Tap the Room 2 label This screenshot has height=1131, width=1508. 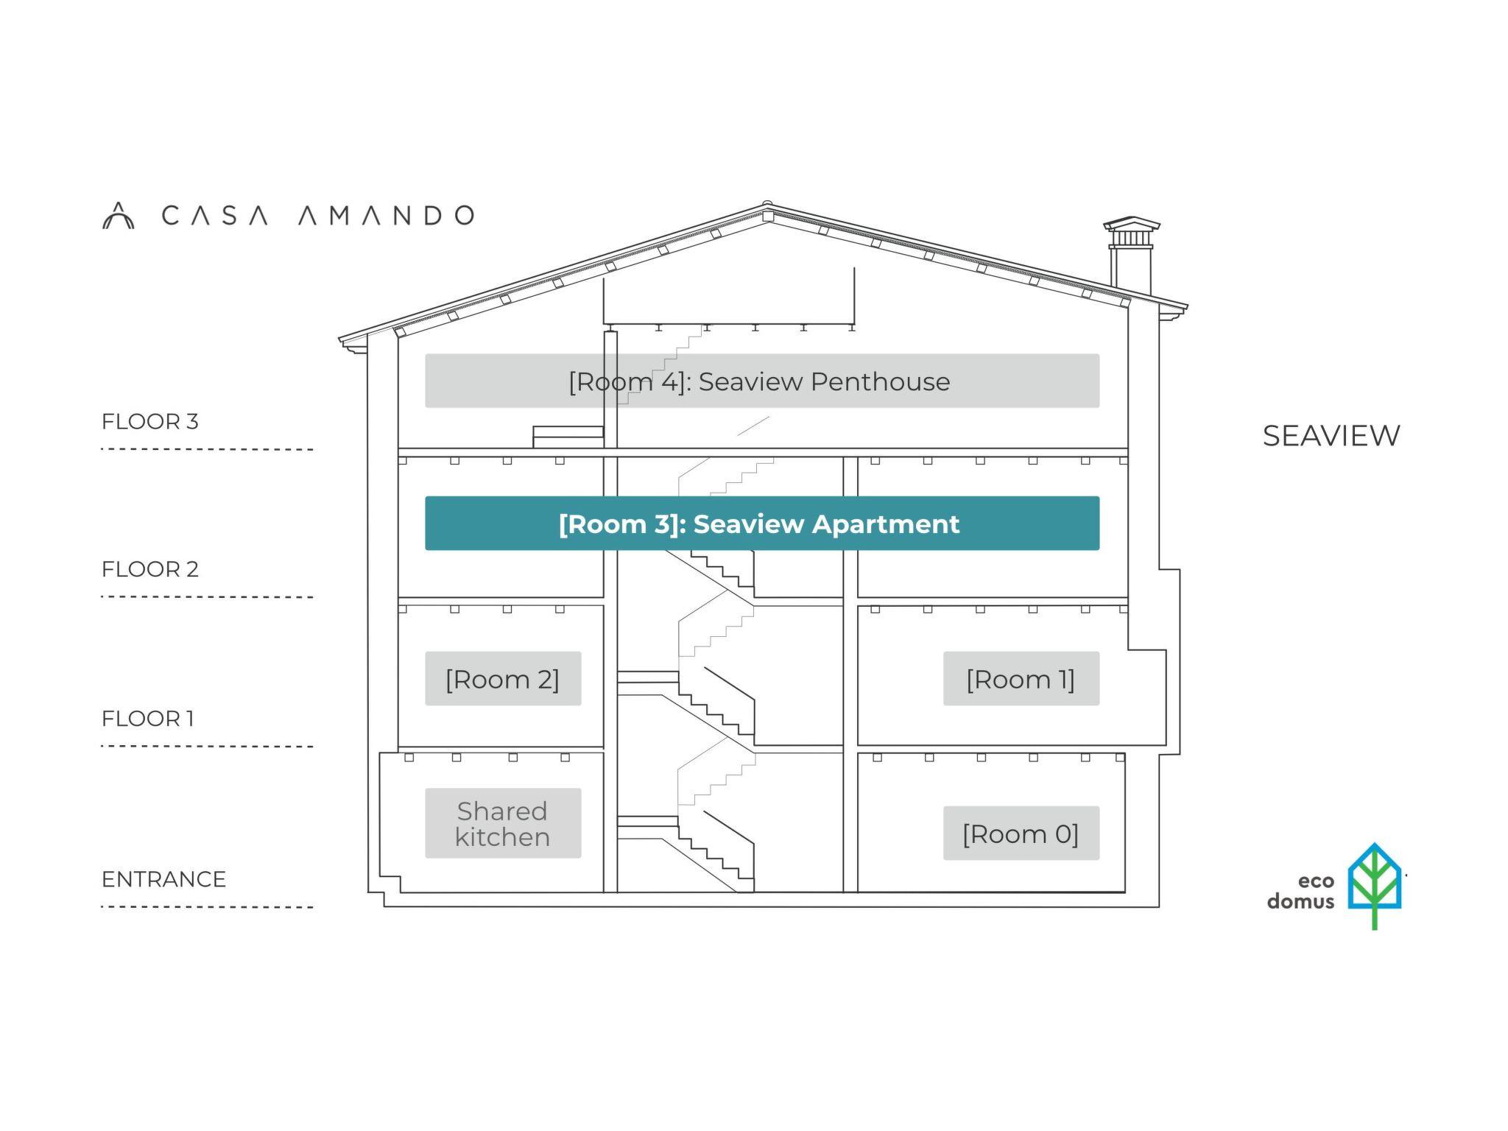(x=503, y=679)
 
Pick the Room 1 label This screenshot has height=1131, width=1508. (x=1021, y=679)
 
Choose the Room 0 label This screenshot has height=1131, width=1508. (x=1021, y=834)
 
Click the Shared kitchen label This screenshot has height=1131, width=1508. (x=503, y=824)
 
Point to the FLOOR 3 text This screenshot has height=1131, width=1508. (x=150, y=422)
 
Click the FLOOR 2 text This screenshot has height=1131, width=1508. (x=150, y=569)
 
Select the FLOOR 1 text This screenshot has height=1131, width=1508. (x=148, y=719)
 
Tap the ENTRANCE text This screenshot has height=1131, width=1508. (x=163, y=879)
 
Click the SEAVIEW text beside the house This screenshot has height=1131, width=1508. (x=1331, y=436)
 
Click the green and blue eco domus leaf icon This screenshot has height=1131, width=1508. (x=1374, y=884)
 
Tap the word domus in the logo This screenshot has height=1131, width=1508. (x=1300, y=902)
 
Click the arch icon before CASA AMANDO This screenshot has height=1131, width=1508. (x=118, y=216)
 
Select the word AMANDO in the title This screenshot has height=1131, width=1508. (x=386, y=216)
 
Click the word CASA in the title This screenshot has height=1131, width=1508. (x=214, y=216)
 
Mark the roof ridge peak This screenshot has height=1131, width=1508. (x=767, y=207)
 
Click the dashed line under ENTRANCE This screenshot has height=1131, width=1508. (x=207, y=907)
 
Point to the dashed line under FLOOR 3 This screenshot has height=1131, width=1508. (x=207, y=449)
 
